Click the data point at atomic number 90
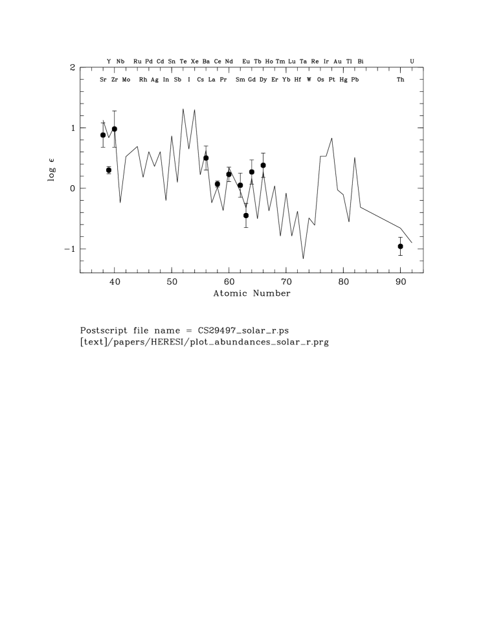[x=400, y=246]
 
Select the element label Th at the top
[x=401, y=80]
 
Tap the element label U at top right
[x=412, y=62]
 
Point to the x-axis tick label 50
[x=172, y=282]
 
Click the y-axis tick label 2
[x=73, y=67]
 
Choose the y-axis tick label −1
[x=69, y=249]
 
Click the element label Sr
[x=103, y=80]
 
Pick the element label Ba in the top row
[x=206, y=62]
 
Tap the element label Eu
[x=246, y=62]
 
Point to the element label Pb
[x=354, y=80]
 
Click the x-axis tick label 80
[x=343, y=282]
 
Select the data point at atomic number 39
[x=109, y=170]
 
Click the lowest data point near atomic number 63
[x=246, y=216]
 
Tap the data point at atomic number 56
[x=206, y=158]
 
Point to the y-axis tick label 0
[x=73, y=188]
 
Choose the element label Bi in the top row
[x=361, y=62]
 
